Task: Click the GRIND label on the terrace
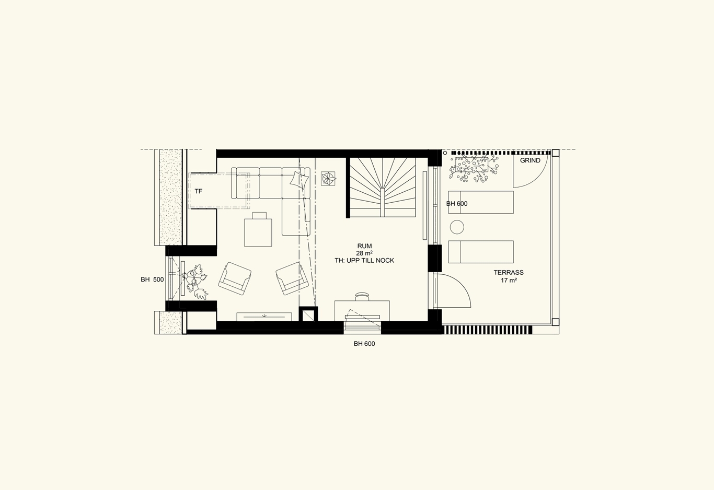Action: (530, 160)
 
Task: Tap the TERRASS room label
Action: (509, 272)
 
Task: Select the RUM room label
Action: (364, 246)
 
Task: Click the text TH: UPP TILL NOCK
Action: (364, 261)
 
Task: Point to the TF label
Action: (198, 191)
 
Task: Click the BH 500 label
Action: (152, 279)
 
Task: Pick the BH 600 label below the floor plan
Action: (364, 344)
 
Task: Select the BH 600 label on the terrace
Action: (457, 204)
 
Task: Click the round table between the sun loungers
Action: (457, 227)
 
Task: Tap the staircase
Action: (383, 188)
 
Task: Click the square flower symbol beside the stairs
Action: (328, 179)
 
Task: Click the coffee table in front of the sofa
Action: (258, 229)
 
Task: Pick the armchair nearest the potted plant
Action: (235, 278)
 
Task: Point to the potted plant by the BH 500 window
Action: (195, 282)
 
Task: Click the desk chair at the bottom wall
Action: (362, 297)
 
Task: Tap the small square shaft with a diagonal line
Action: (308, 314)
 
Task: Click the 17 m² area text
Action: (509, 281)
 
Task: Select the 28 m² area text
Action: (364, 253)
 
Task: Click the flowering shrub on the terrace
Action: (473, 169)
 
